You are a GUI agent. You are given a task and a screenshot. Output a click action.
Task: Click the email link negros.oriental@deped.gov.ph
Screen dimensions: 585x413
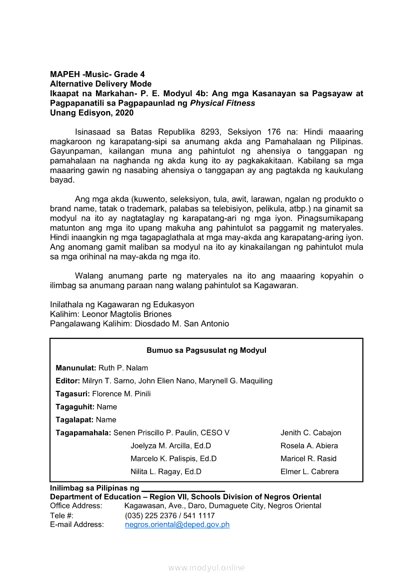[x=177, y=524]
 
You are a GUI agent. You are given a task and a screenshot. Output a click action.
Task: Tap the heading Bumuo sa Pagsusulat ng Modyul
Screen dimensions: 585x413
[x=206, y=350]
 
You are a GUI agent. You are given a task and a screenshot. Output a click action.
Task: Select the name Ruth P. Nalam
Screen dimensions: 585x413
[x=123, y=368]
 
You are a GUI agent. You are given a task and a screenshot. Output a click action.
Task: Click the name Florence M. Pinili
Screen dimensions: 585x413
[x=121, y=394]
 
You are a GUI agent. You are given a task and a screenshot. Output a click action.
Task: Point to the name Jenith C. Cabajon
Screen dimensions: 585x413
[x=311, y=433]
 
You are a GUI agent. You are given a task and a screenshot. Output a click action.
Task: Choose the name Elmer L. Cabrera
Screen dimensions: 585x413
[x=309, y=471]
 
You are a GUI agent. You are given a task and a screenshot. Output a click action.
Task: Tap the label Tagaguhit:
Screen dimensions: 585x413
[x=75, y=407]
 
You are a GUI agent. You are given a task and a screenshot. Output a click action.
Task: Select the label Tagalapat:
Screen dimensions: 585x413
[x=74, y=420]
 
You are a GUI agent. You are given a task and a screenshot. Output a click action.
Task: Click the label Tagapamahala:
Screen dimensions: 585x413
[x=83, y=433]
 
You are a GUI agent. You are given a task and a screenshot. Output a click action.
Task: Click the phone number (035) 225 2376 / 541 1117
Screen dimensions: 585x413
[x=170, y=515]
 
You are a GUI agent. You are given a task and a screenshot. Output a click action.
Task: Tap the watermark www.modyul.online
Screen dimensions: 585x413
[x=206, y=567]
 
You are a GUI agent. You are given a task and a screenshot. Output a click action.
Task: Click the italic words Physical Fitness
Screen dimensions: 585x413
[x=222, y=103]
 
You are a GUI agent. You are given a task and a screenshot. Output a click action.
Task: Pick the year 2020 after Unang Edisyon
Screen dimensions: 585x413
[x=124, y=113]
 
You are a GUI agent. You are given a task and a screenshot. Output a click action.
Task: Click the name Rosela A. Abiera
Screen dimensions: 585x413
[x=309, y=446]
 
